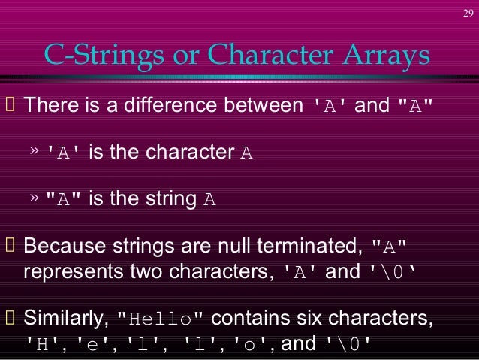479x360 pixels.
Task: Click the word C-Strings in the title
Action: pos(93,55)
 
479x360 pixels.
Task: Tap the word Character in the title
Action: pos(270,55)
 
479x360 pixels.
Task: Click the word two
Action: pos(143,271)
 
